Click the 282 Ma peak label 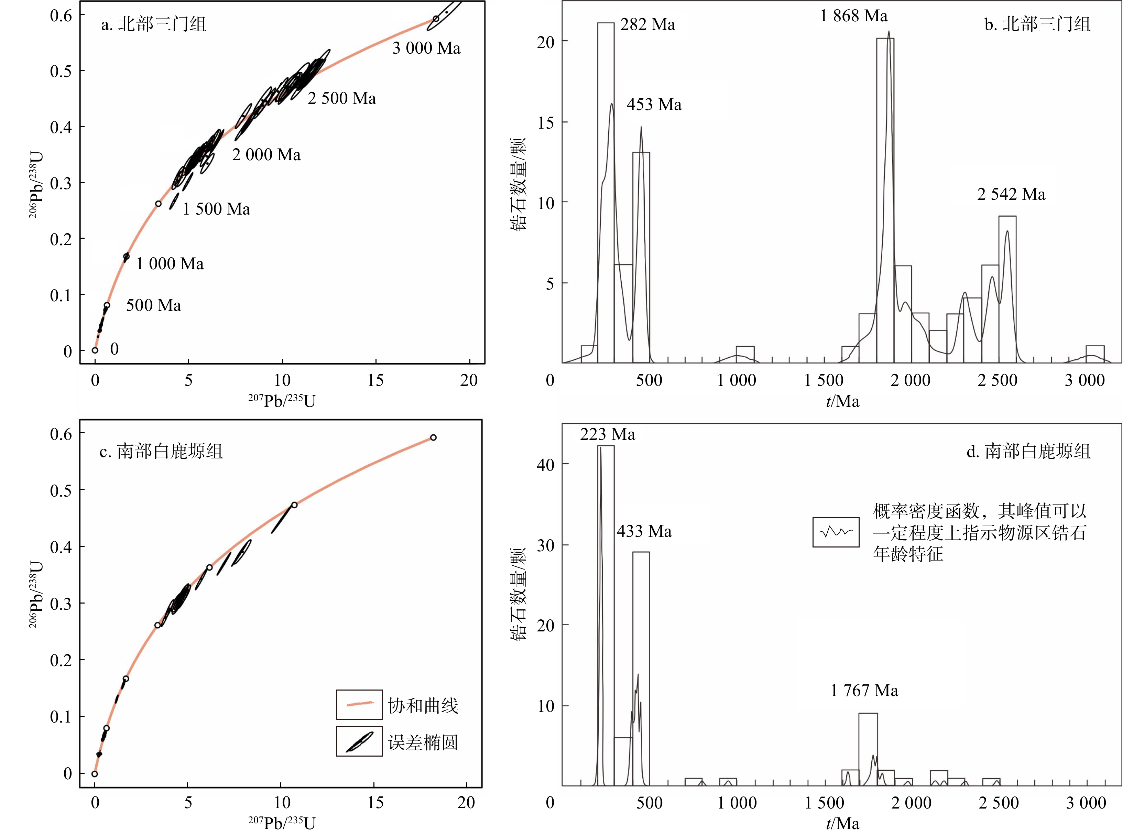pos(647,25)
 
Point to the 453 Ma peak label pos(654,105)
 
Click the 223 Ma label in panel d pos(607,435)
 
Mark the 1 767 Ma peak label pos(864,691)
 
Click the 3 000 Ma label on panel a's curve pos(426,48)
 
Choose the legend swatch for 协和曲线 pos(359,705)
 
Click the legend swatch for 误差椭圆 pos(359,741)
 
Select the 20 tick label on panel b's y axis pos(546,42)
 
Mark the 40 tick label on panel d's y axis pos(546,465)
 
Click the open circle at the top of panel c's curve pos(433,438)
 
